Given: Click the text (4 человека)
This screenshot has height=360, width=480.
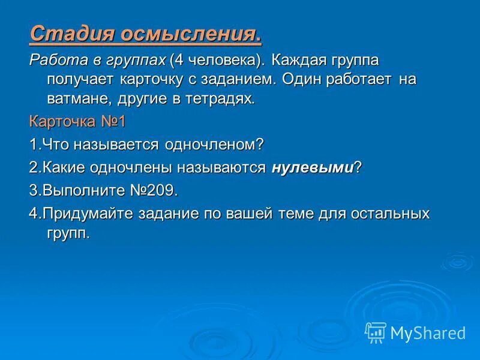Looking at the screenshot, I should pos(217,61).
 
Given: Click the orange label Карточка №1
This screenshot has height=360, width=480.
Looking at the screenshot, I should pos(77,122).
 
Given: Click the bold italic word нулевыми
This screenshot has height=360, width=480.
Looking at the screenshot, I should pos(312,168).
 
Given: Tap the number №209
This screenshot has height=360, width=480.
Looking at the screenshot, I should pos(154,191).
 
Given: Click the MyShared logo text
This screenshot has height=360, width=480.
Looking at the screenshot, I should pos(428,332).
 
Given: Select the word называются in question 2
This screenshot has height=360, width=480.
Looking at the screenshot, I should pos(227,168).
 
